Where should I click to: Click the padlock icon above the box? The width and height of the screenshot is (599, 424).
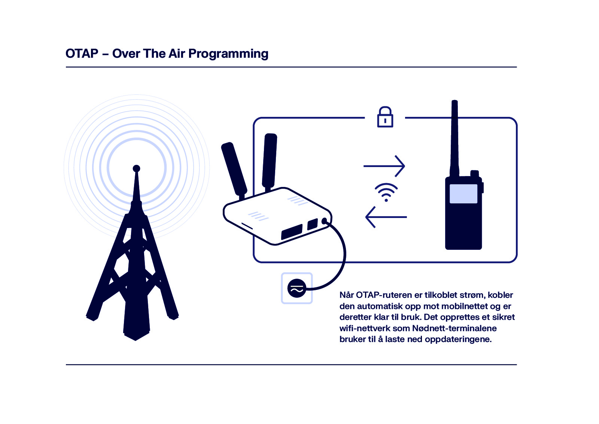pyautogui.click(x=385, y=117)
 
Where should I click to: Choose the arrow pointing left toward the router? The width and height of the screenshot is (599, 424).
pyautogui.click(x=386, y=217)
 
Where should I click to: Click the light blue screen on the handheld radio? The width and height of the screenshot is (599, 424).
pyautogui.click(x=463, y=194)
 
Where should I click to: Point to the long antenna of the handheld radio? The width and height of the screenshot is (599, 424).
pyautogui.click(x=454, y=139)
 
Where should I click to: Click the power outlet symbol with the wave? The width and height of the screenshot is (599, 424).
pyautogui.click(x=297, y=288)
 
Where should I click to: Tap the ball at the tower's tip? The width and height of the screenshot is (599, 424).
pyautogui.click(x=136, y=169)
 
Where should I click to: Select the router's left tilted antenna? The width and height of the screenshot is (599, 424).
pyautogui.click(x=234, y=169)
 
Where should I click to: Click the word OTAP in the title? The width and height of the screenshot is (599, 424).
pyautogui.click(x=82, y=54)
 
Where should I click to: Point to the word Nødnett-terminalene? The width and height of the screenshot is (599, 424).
pyautogui.click(x=454, y=328)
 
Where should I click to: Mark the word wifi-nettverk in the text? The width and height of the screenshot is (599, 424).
pyautogui.click(x=365, y=328)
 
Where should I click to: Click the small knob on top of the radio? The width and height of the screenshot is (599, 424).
pyautogui.click(x=474, y=173)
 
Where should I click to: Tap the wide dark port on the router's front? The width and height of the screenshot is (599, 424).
pyautogui.click(x=292, y=232)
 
